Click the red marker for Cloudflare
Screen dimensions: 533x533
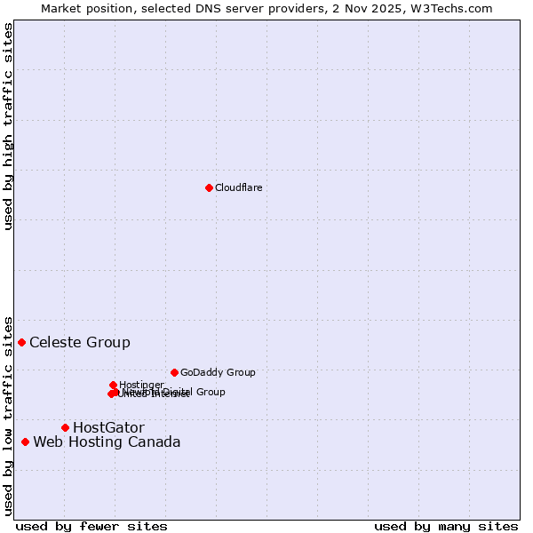click(209, 187)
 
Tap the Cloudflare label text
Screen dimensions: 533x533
click(239, 187)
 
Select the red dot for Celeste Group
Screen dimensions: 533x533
click(21, 342)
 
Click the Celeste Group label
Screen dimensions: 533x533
click(80, 342)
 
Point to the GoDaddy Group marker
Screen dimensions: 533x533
click(174, 372)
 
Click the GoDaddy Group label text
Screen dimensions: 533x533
click(218, 372)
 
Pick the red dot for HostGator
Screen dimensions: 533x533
click(65, 427)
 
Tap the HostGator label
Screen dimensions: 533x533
click(108, 427)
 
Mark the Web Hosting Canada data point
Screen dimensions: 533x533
click(25, 442)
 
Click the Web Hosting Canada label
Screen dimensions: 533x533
click(107, 442)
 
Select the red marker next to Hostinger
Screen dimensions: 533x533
click(113, 385)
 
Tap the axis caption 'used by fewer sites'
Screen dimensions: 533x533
click(91, 526)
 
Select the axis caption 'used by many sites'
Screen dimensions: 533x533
click(446, 526)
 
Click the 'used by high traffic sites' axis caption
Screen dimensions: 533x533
click(8, 126)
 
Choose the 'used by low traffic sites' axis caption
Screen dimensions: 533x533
click(8, 415)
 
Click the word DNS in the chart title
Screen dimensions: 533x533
click(229, 8)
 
